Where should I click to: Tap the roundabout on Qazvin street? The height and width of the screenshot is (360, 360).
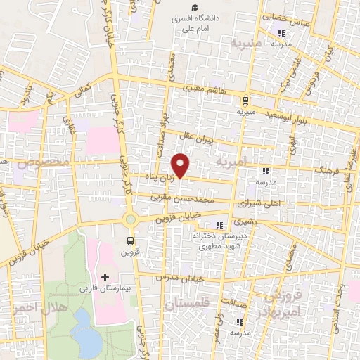click(x=130, y=219)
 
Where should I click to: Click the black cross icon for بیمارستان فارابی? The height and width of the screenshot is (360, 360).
click(x=105, y=277)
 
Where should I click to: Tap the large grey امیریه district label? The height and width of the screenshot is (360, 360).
click(x=233, y=162)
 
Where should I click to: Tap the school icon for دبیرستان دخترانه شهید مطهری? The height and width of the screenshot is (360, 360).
click(x=219, y=225)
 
